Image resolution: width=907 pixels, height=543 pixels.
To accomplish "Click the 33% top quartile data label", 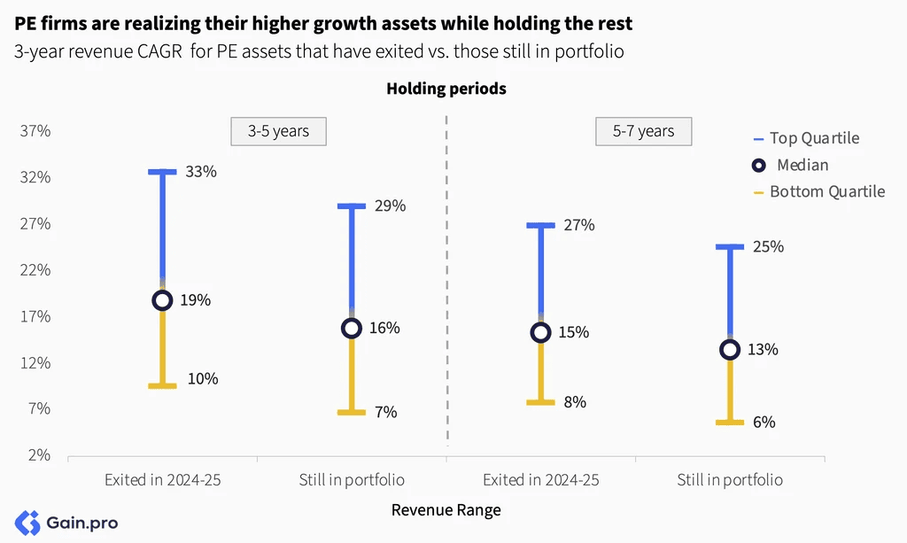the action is [x=201, y=172].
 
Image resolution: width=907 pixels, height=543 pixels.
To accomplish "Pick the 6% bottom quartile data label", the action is [x=764, y=423].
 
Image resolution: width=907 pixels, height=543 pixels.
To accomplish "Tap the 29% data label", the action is [x=390, y=206].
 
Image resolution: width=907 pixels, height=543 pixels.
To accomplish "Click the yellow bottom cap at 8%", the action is [x=541, y=402].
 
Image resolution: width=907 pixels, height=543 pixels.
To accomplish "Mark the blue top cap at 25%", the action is [x=730, y=247].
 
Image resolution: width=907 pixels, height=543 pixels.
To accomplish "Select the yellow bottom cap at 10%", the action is [x=163, y=385].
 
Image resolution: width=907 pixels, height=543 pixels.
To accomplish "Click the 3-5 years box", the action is [x=279, y=131].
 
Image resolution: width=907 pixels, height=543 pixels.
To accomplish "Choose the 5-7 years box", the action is [x=644, y=131].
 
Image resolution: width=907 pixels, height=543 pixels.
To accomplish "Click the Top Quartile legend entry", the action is [x=806, y=138].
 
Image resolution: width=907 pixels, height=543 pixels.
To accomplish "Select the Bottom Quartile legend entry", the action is [x=819, y=192].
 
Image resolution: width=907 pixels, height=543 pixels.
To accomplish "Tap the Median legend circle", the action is [x=759, y=166].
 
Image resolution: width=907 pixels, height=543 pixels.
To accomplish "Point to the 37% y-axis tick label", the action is [x=35, y=131].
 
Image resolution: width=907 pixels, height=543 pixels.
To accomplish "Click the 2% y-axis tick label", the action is [x=39, y=455].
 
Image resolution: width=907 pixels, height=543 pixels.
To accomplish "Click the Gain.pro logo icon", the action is [x=27, y=523].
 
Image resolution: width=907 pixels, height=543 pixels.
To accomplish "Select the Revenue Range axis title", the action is [x=446, y=510].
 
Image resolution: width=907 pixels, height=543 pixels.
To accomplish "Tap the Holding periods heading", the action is [x=446, y=89].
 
